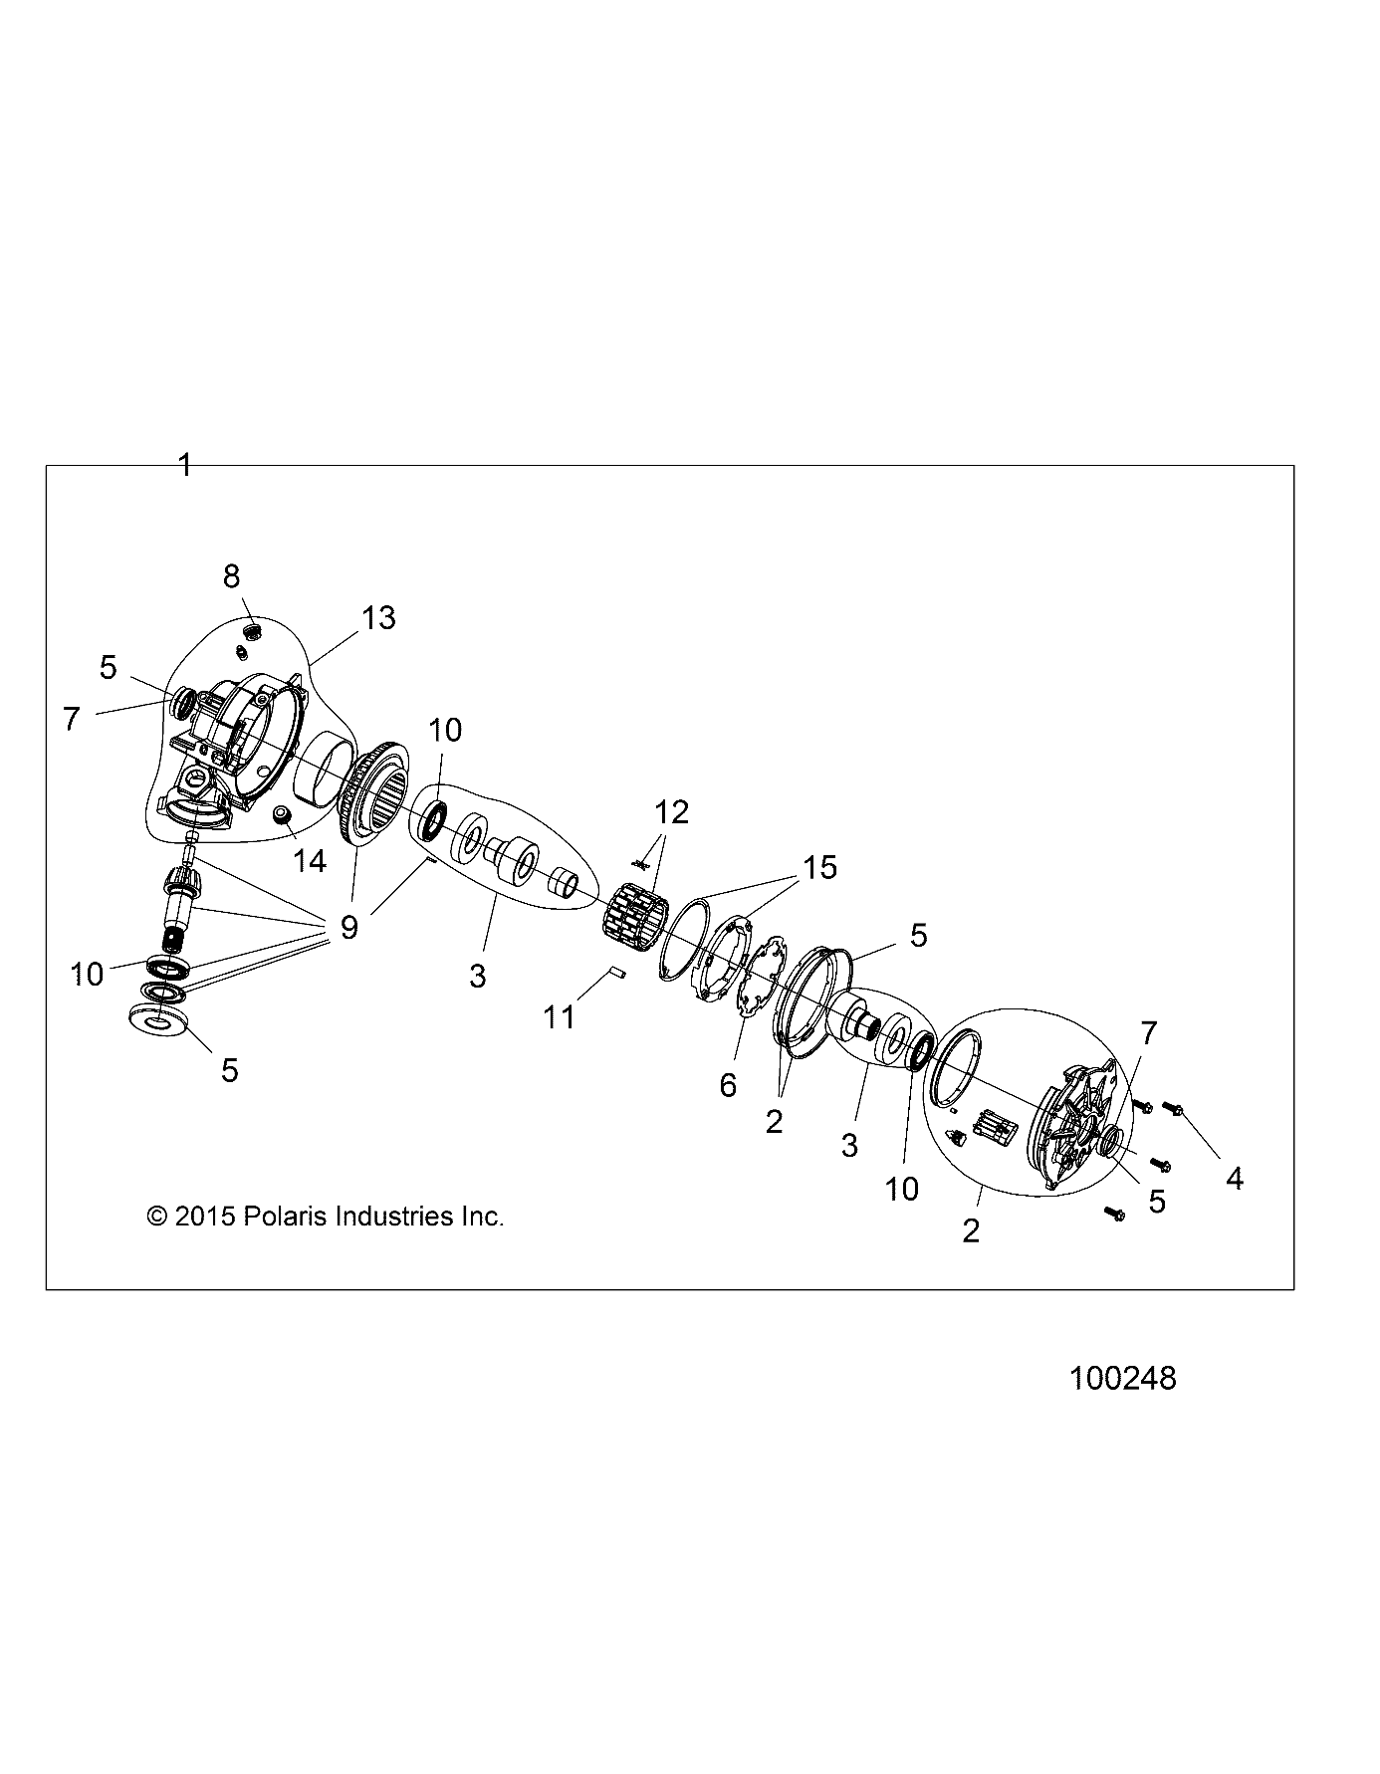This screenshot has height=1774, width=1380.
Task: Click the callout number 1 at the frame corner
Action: click(x=184, y=465)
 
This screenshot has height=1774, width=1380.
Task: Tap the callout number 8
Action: click(x=231, y=575)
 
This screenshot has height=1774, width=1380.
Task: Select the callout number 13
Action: click(x=379, y=617)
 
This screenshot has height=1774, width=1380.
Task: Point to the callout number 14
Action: click(x=311, y=861)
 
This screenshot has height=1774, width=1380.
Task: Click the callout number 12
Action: click(x=672, y=812)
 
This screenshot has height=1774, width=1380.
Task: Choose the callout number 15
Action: click(x=820, y=867)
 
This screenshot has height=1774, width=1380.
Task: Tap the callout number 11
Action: click(x=560, y=1016)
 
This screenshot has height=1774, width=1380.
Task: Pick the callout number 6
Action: click(x=728, y=1085)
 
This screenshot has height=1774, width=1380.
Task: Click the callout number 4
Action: click(x=1235, y=1179)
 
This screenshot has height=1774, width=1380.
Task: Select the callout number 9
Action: click(x=348, y=928)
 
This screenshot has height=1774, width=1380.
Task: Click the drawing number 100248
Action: click(x=1123, y=1378)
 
